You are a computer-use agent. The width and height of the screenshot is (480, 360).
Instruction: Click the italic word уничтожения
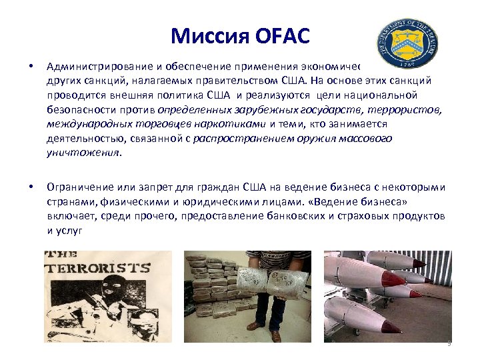click(83, 152)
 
